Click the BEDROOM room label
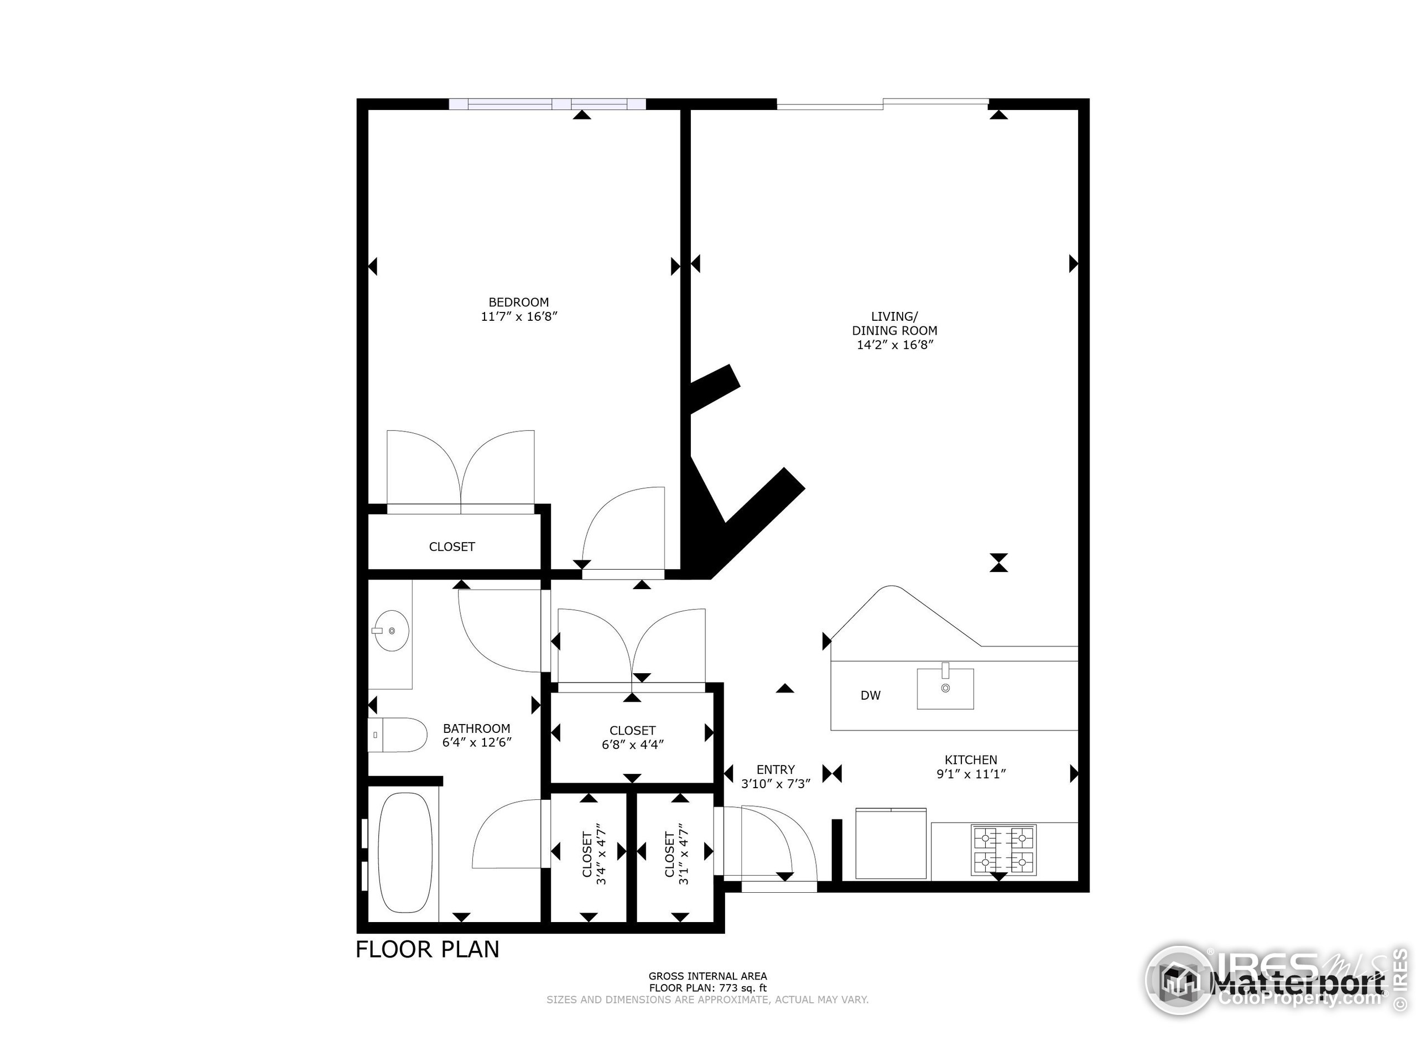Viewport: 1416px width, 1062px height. (518, 302)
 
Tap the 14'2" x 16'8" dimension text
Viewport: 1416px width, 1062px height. (895, 345)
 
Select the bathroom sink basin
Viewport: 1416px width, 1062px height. (391, 631)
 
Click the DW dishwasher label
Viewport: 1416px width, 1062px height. (870, 695)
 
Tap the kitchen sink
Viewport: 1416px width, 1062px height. (945, 689)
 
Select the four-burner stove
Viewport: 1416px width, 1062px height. (1003, 850)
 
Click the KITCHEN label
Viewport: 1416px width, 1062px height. (971, 760)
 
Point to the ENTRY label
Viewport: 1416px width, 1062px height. (775, 769)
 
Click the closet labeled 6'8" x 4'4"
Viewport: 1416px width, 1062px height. (632, 737)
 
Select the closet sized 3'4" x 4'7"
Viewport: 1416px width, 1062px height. (593, 858)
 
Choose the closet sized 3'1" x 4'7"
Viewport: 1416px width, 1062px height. (675, 858)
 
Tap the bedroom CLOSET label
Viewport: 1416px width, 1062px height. (452, 546)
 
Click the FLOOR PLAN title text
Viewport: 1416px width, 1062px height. (427, 949)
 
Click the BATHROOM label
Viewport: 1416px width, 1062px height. (476, 728)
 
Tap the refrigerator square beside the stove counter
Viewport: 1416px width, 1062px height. (891, 844)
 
